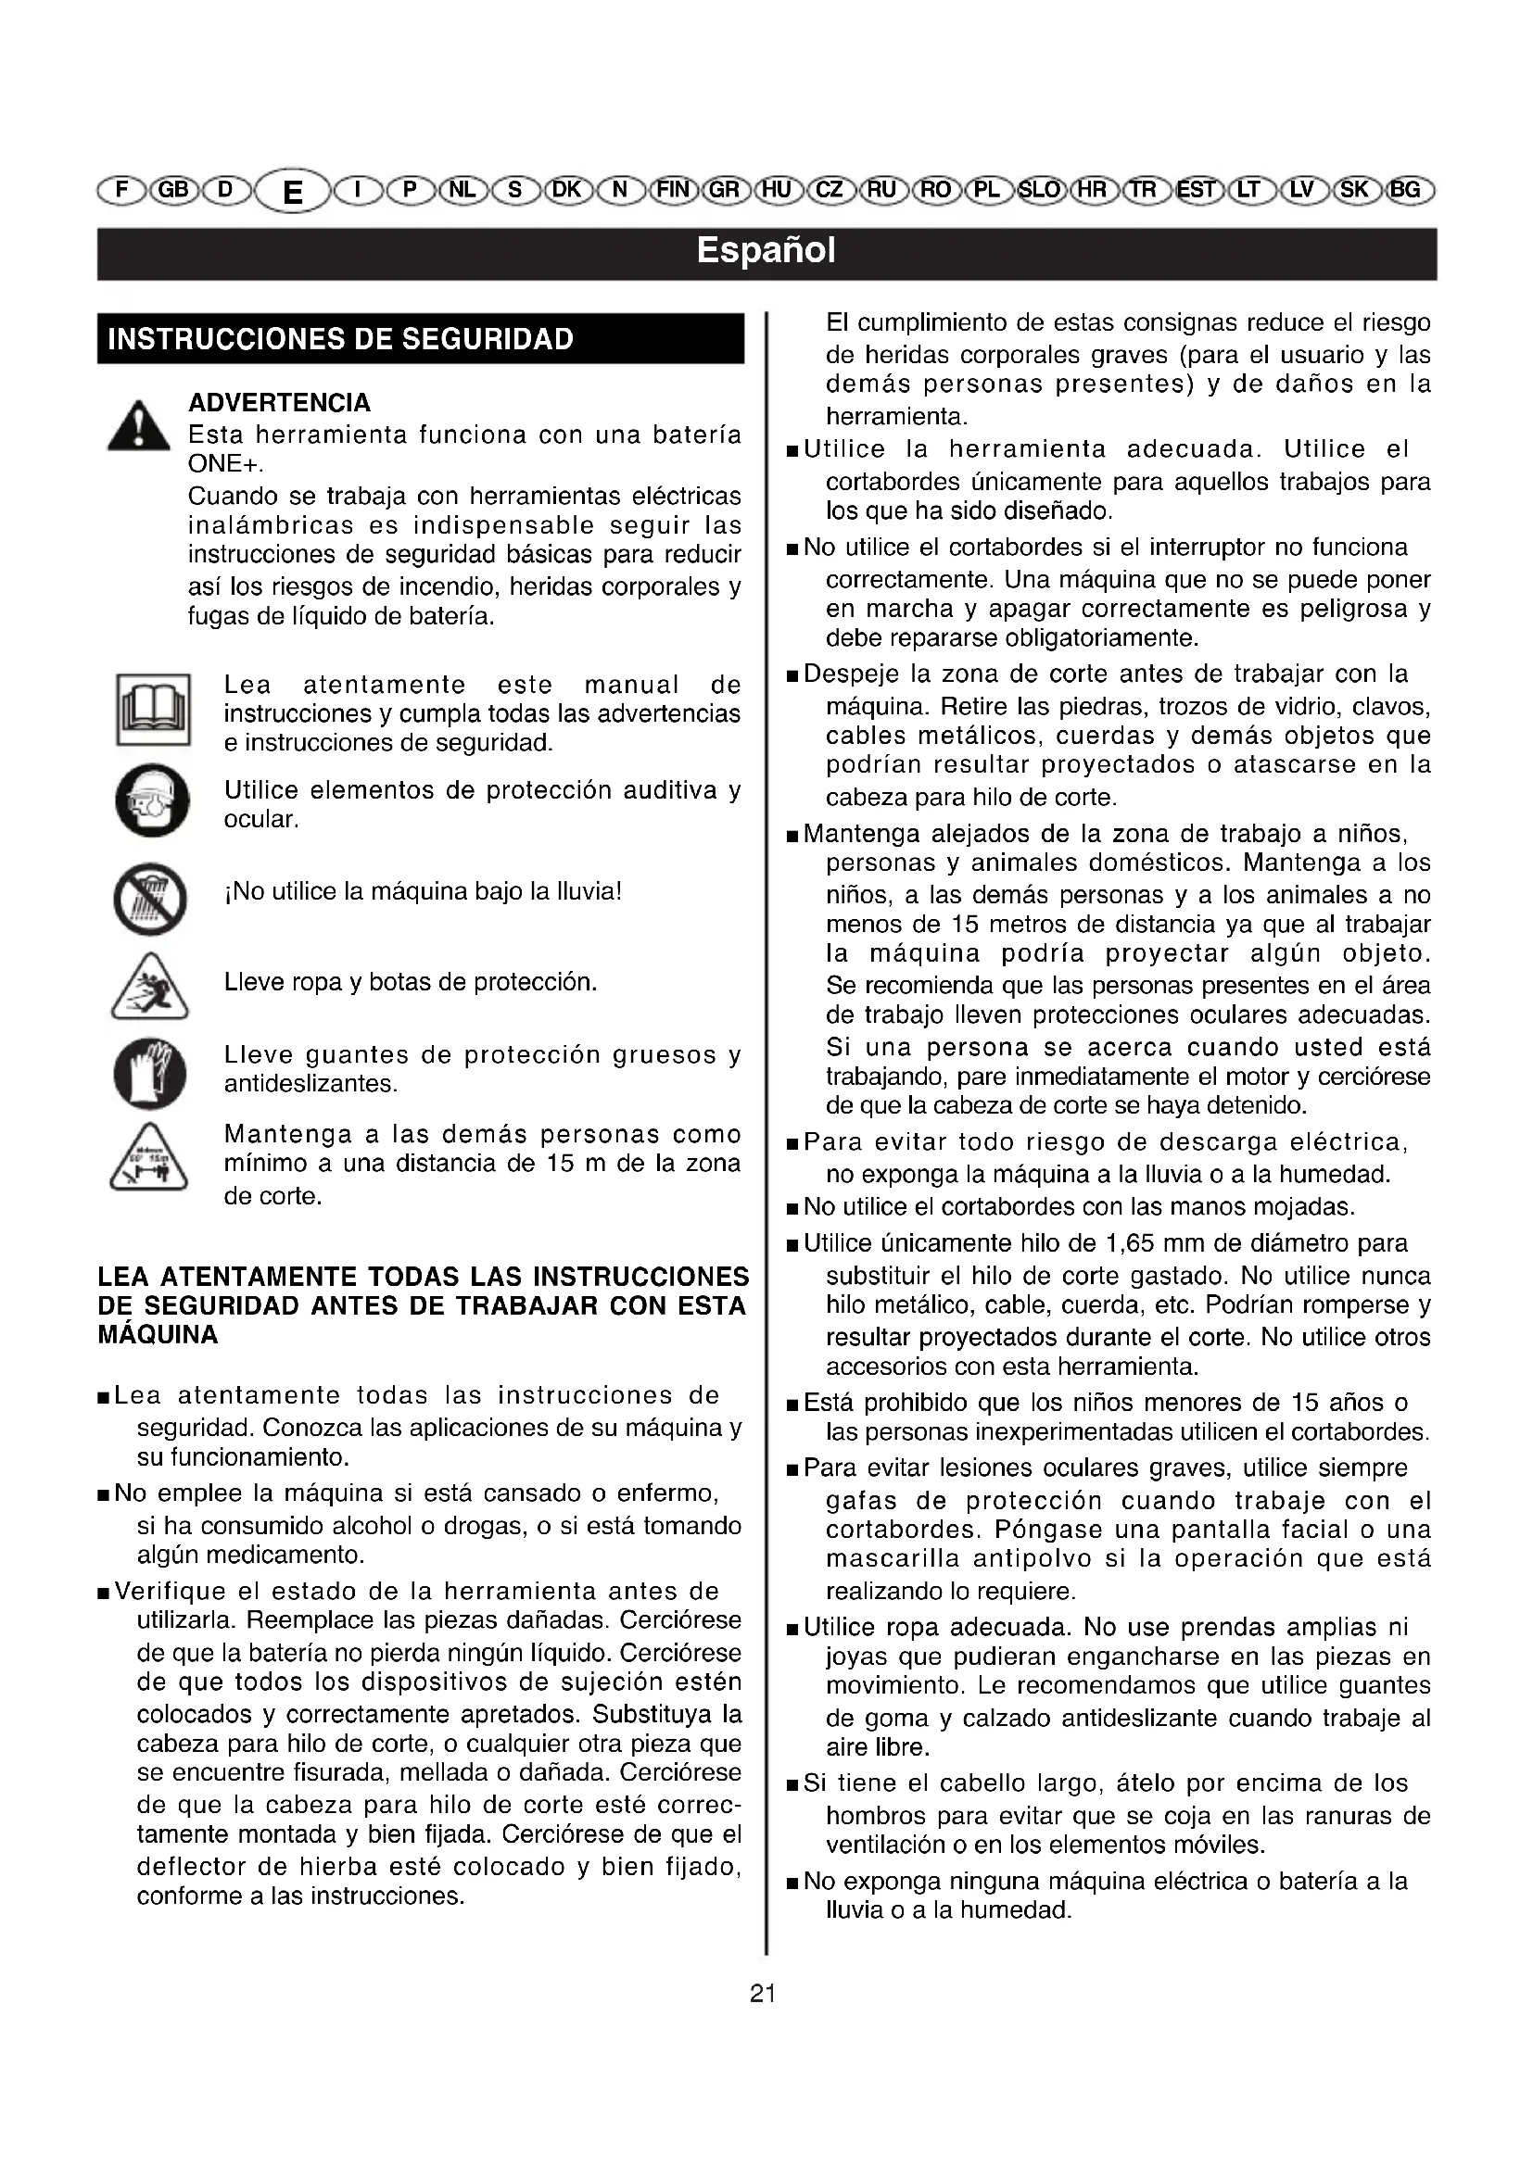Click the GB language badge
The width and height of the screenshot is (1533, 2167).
tap(173, 190)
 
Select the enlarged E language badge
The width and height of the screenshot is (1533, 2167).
tap(293, 192)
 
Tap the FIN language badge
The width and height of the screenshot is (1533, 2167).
tap(674, 190)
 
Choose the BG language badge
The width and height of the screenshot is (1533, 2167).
tap(1406, 190)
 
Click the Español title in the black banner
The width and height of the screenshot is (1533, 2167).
tap(766, 251)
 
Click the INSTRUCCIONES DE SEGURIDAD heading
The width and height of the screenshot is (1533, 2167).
tap(341, 339)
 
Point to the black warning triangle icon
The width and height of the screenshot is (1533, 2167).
tap(139, 426)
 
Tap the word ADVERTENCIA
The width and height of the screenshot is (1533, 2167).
tap(279, 403)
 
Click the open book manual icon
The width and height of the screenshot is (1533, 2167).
tap(153, 709)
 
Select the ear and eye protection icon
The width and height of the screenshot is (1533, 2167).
tap(152, 800)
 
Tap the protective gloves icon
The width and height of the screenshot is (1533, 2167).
tap(150, 1074)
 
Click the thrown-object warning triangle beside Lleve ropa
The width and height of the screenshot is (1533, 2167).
tap(149, 988)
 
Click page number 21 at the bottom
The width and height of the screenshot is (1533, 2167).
tap(763, 1994)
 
